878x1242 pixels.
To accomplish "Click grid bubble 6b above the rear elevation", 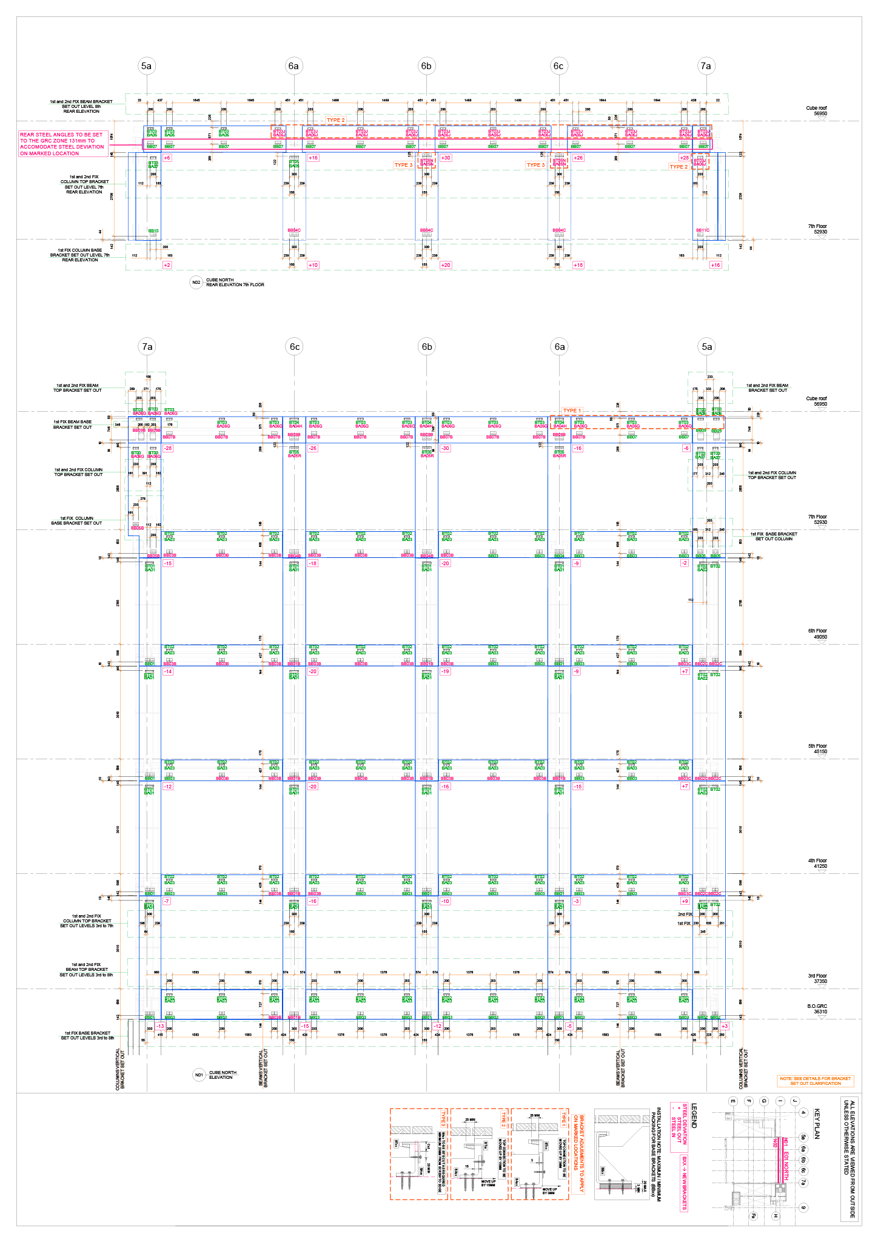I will point(426,66).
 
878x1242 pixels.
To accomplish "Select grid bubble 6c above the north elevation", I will point(295,347).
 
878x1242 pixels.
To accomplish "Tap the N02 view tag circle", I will point(196,283).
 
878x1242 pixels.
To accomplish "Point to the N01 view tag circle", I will point(199,1075).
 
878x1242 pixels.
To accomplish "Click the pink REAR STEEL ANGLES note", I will point(62,144).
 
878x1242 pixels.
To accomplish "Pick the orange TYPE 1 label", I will point(572,411).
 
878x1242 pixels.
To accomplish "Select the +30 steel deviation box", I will point(446,158).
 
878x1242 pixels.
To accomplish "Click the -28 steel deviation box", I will point(167,448).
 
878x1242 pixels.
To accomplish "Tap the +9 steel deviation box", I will point(685,901).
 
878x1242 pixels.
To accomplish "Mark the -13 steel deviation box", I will point(160,1026).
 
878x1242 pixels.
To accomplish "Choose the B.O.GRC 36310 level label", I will point(817,1009).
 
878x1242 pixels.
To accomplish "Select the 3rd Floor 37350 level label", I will point(817,978).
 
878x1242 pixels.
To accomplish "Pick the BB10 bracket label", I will point(153,230).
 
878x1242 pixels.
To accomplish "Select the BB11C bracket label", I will point(703,230).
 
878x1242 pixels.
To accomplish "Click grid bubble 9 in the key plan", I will point(803,1207).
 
